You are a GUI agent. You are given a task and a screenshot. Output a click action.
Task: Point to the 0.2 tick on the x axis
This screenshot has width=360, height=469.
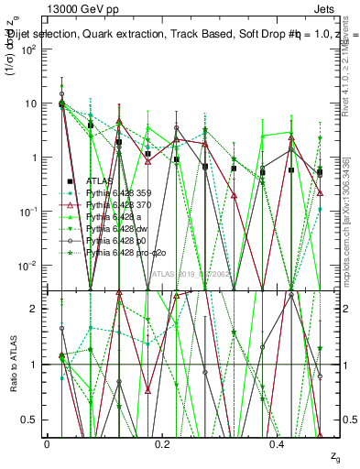pos(163,442)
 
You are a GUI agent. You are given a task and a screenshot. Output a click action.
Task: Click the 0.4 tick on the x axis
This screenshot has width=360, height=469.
pos(278,442)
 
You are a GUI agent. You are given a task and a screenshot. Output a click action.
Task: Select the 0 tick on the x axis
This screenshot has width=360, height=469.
pos(47,442)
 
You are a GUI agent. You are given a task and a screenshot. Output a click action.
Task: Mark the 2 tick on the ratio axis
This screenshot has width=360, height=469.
pos(35,309)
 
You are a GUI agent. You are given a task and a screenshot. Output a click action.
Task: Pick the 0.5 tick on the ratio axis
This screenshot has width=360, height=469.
pos(31,420)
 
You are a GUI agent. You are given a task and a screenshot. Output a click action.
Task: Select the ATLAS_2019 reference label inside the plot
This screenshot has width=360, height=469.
pos(191,273)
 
